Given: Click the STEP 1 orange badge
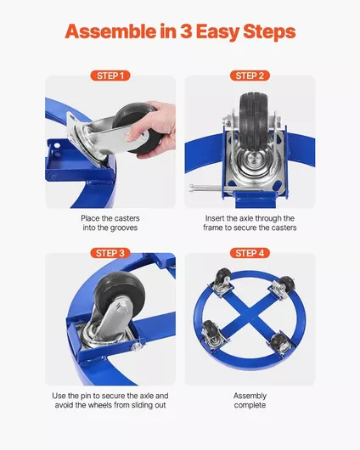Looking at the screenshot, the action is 110,76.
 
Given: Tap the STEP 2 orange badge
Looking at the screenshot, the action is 250,76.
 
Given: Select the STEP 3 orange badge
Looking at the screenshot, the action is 110,253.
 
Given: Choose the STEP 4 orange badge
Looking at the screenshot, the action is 250,253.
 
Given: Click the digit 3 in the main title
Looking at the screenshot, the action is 186,31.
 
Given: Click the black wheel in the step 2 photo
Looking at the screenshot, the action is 254,121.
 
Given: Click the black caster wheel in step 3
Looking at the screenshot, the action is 118,294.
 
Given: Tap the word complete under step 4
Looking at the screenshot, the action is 250,406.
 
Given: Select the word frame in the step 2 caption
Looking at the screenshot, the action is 213,228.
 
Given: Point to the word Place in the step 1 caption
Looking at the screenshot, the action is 89,218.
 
